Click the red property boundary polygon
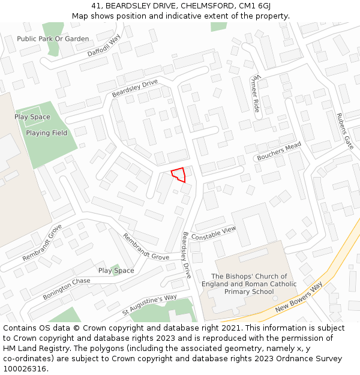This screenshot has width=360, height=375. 178,175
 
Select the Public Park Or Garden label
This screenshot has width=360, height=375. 53,39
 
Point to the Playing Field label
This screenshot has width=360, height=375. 47,133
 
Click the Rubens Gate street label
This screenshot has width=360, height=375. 344,130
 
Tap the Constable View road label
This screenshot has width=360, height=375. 214,233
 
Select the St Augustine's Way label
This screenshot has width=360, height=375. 149,305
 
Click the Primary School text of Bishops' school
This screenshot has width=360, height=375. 249,292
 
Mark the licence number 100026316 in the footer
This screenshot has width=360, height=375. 25,369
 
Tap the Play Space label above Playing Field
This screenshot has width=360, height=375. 32,117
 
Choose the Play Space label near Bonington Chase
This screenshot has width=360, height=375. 116,271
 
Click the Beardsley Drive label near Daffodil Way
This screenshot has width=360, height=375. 134,88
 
